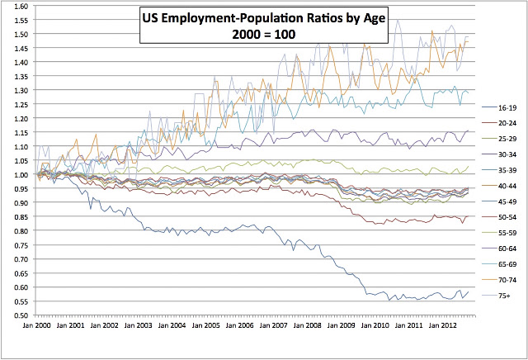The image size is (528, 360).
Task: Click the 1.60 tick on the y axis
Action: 21,6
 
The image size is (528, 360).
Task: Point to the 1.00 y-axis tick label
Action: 21,174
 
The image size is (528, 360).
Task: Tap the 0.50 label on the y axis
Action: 21,315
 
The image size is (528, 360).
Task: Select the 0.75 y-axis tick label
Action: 21,245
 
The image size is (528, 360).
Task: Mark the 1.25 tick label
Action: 21,104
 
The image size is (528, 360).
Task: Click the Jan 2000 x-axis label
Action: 36,325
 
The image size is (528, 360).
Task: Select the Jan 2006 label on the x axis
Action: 239,325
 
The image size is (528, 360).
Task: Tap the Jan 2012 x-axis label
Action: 442,325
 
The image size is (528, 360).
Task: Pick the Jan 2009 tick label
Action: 341,325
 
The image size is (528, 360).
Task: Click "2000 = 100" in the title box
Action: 264,34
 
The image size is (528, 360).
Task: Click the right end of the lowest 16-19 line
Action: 469,292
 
